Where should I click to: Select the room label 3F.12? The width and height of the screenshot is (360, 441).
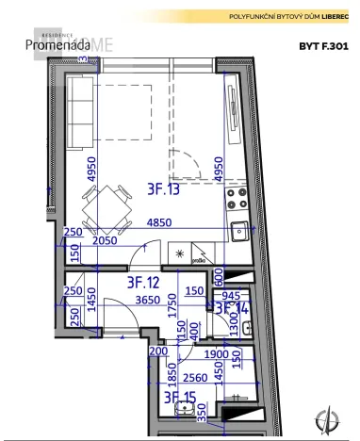[x=144, y=281]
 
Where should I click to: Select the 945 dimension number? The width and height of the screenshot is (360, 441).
[x=232, y=294]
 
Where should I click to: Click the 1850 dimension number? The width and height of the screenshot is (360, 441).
[x=172, y=379]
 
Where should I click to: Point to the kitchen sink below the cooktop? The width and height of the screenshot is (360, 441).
[x=240, y=229]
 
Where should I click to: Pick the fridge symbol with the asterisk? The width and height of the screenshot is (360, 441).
[x=179, y=254]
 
